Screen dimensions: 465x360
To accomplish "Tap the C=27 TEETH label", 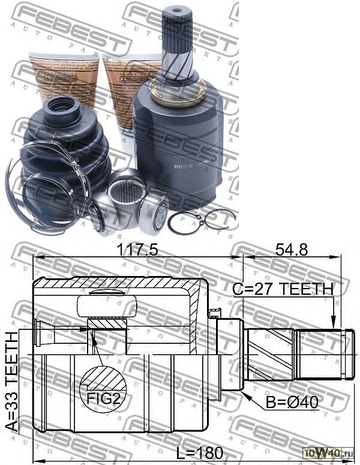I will click(x=283, y=289).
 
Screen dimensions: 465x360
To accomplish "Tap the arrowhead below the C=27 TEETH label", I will click(x=332, y=326).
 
